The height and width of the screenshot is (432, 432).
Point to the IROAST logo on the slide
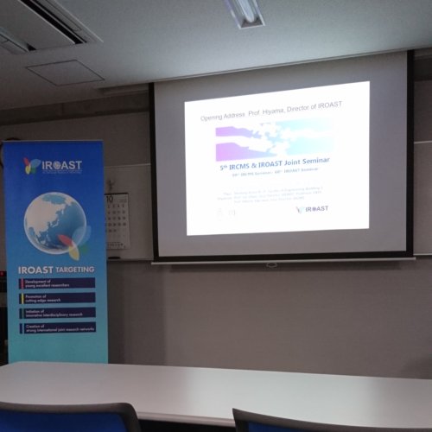tap(312, 209)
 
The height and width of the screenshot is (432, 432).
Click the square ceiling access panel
tap(65, 72)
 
